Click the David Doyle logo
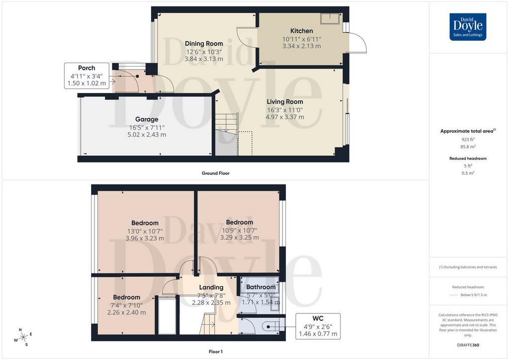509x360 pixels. [x=468, y=27]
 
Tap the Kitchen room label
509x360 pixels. [x=302, y=31]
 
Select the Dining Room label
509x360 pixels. [x=204, y=43]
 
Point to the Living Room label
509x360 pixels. [x=285, y=101]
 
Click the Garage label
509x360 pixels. [x=147, y=119]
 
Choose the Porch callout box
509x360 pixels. [x=86, y=76]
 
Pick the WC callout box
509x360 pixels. [x=318, y=326]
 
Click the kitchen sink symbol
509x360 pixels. [x=330, y=18]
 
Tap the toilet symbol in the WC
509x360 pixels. [x=271, y=327]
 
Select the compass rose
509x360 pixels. [x=23, y=338]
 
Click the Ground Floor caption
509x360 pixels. [x=216, y=174]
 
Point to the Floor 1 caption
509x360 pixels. [x=216, y=352]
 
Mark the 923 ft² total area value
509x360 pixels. [x=468, y=140]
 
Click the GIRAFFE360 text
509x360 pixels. [x=468, y=345]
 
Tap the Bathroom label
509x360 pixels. [x=260, y=287]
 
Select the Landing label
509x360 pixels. [x=211, y=287]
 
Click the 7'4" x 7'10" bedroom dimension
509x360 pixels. [x=127, y=305]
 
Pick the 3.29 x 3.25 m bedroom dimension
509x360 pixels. [x=240, y=238]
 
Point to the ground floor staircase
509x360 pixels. [x=227, y=134]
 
